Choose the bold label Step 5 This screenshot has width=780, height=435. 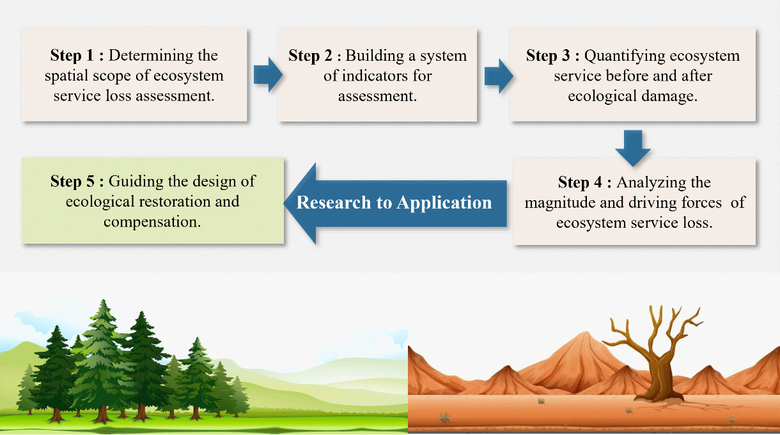[x=74, y=182]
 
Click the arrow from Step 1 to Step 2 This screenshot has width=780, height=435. [x=267, y=74]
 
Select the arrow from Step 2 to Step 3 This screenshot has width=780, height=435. [x=498, y=74]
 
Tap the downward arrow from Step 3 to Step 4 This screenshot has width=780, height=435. [x=633, y=147]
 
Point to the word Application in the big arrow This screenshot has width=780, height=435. [x=444, y=203]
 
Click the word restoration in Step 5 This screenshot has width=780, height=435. [x=174, y=202]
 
